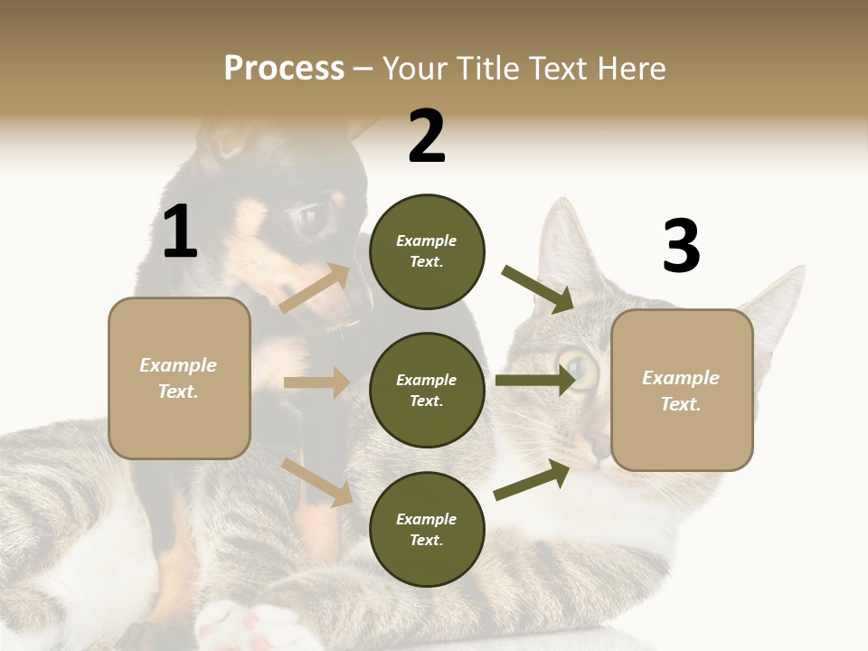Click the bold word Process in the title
tap(284, 68)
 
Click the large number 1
tap(180, 231)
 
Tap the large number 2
tap(427, 137)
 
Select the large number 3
tap(681, 247)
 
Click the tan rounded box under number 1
tap(179, 378)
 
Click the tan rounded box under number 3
tap(682, 390)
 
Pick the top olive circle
tap(427, 251)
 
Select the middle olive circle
tap(427, 390)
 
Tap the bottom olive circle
tap(427, 529)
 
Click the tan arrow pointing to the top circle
tap(315, 288)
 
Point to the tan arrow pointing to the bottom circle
tap(316, 482)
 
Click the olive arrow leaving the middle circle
tap(534, 381)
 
